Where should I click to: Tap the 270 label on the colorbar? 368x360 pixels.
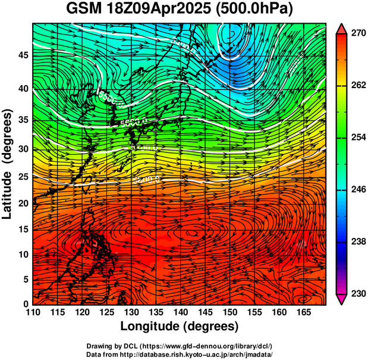[357, 34]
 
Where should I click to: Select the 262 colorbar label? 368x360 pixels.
[357, 86]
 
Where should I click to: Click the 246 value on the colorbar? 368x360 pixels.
[357, 190]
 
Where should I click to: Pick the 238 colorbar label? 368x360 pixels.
[357, 242]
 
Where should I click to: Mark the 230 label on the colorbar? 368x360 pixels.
[357, 293]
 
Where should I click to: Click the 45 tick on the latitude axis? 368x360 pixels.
[22, 55]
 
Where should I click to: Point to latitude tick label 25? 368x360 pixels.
[22, 177]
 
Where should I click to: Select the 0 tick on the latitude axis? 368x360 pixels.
[25, 304]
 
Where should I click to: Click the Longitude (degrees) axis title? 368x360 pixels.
[180, 327]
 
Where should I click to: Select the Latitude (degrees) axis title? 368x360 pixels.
[8, 164]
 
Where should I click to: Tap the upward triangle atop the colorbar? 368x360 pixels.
[342, 28]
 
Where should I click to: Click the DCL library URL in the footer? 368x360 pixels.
[200, 346]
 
